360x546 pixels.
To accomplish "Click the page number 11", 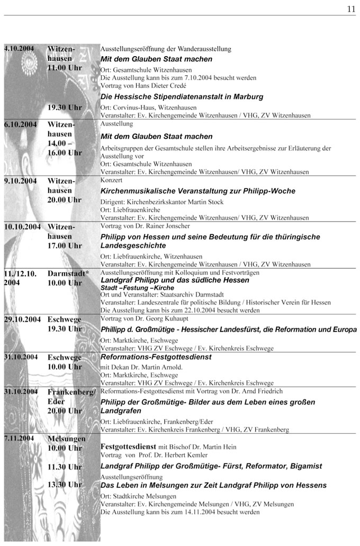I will coord(351,8).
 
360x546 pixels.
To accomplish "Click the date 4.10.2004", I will coord(19,49).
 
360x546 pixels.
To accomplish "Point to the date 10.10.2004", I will coord(22,226).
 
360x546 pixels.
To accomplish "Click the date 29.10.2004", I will coord(22,319).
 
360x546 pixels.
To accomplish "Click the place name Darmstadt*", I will coord(68,274).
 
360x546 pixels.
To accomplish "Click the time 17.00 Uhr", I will coord(65,246).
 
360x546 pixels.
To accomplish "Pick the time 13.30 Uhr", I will coord(65,484).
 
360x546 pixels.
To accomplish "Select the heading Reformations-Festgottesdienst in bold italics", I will coord(156,357).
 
